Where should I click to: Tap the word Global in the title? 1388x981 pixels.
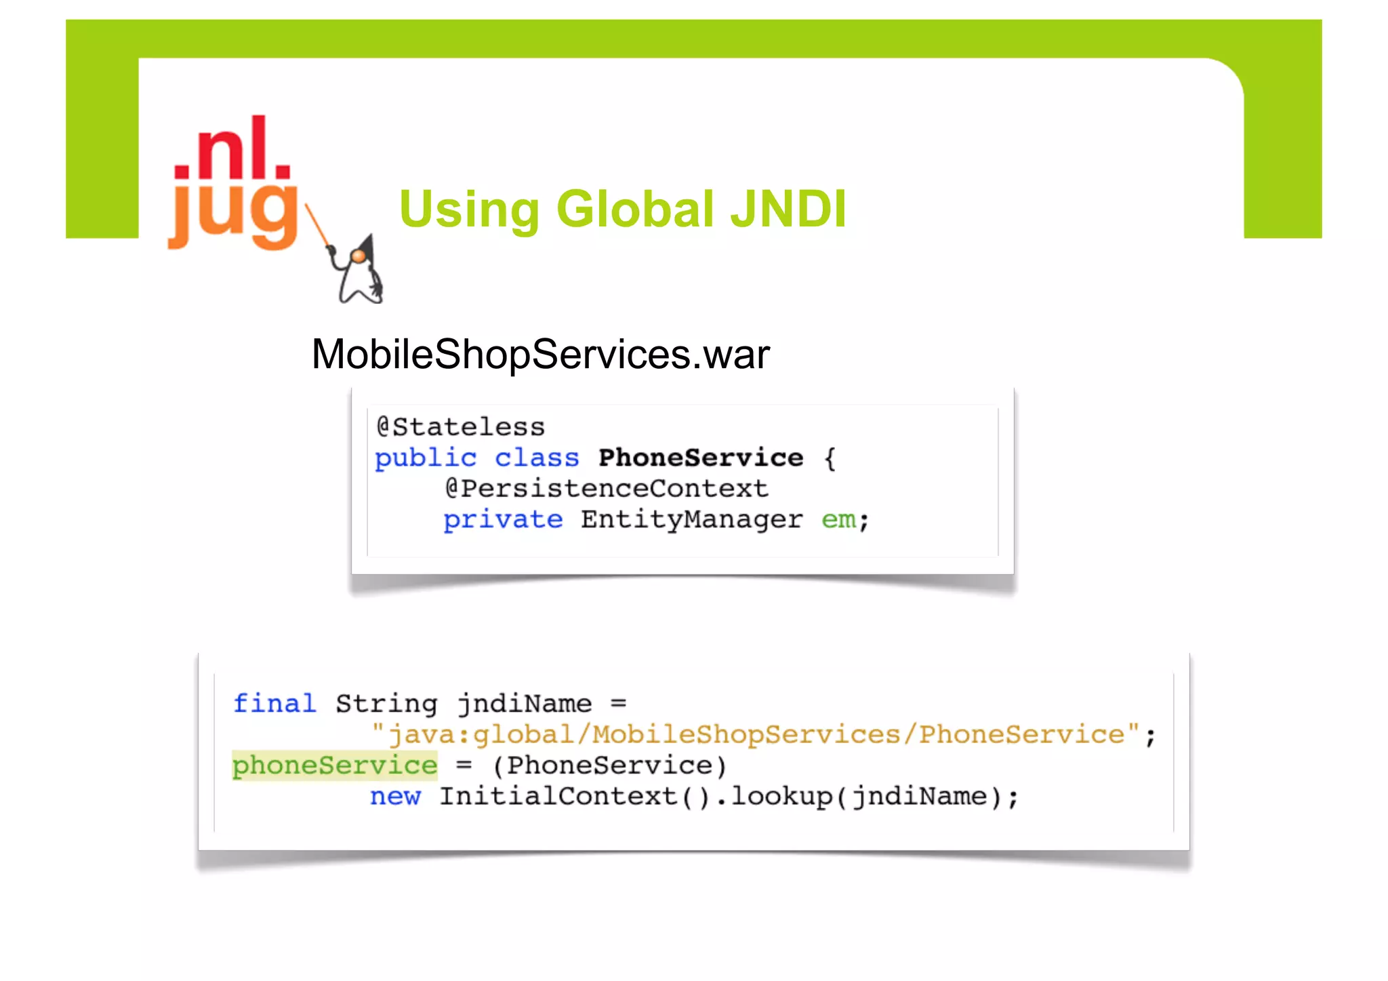[635, 209]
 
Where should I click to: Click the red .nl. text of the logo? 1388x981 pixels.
[232, 151]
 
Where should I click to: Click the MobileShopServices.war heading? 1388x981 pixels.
[540, 354]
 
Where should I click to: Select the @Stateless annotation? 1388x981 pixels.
[461, 427]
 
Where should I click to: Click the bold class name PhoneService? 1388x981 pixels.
[701, 458]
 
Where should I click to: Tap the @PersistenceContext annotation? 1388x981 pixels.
[607, 488]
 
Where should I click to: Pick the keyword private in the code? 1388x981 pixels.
[503, 519]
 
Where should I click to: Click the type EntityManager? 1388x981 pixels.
[691, 519]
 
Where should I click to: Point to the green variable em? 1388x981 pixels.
[838, 519]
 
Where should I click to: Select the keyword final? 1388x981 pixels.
[274, 704]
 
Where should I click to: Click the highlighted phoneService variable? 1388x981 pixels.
[335, 765]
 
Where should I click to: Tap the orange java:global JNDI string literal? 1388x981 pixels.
[756, 735]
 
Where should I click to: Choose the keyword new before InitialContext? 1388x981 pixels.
[395, 797]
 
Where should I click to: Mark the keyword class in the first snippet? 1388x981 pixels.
[537, 458]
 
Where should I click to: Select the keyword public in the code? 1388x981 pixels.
[426, 458]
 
